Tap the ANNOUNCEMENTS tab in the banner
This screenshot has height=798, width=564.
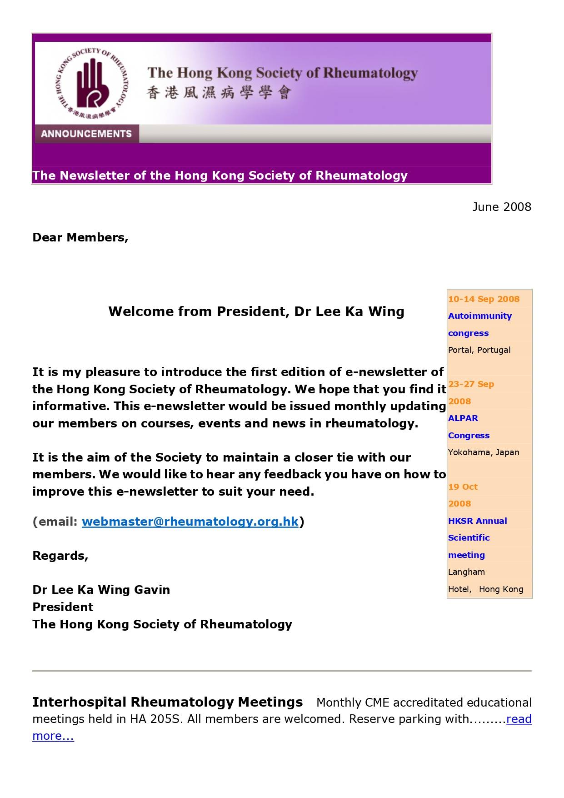86,134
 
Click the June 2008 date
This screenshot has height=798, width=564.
501,207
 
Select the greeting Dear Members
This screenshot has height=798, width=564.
80,237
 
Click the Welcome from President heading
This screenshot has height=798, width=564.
256,311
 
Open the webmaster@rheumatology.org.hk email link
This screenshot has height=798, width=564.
190,522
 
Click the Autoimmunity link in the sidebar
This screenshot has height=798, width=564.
479,316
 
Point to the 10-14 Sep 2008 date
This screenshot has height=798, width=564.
484,299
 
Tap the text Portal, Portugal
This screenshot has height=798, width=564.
479,350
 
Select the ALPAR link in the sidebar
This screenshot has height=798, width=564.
463,418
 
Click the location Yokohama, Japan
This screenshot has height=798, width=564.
484,452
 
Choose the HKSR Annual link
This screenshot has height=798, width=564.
477,521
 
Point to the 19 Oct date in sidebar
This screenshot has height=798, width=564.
463,487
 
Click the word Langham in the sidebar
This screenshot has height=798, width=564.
466,572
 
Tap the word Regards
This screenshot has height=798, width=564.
60,556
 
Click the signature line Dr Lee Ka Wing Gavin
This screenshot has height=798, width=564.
101,590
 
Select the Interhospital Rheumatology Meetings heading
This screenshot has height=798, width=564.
167,702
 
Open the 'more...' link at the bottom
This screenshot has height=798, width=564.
53,736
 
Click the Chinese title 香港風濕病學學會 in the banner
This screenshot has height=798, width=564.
219,93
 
